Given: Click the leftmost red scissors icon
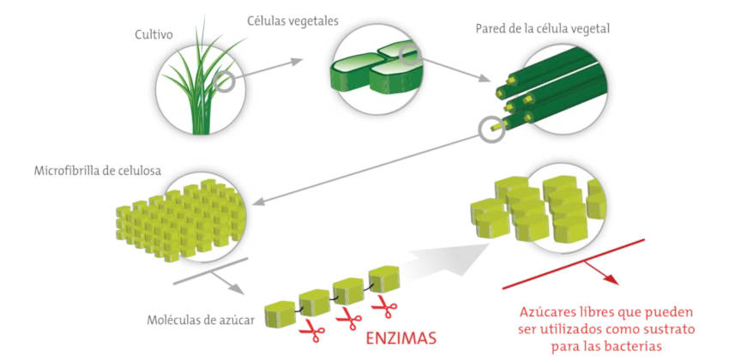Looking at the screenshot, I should point(306,329).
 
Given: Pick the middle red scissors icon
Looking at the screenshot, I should point(347,319).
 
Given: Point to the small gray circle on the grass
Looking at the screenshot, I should point(225,82).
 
